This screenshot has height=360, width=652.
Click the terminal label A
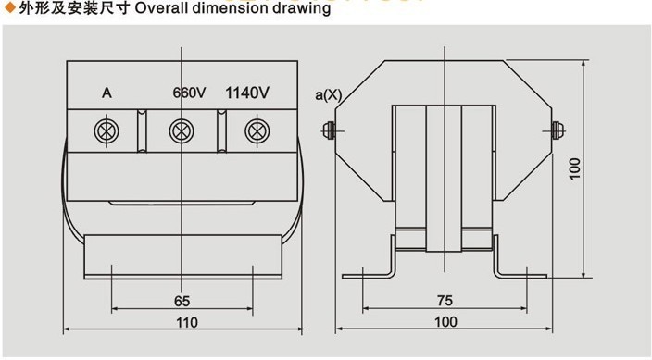pyautogui.click(x=107, y=93)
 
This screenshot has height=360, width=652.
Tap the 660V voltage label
pyautogui.click(x=189, y=93)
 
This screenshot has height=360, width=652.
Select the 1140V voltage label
pyautogui.click(x=247, y=93)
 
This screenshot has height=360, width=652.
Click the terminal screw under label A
pyautogui.click(x=107, y=130)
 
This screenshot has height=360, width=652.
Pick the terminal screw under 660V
pyautogui.click(x=182, y=130)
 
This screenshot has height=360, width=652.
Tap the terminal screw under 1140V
pyautogui.click(x=257, y=130)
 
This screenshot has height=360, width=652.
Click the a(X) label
pyautogui.click(x=329, y=95)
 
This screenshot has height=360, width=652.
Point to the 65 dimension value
pyautogui.click(x=182, y=301)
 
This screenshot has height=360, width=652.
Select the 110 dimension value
pyautogui.click(x=187, y=322)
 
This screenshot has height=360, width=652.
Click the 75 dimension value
pyautogui.click(x=445, y=300)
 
